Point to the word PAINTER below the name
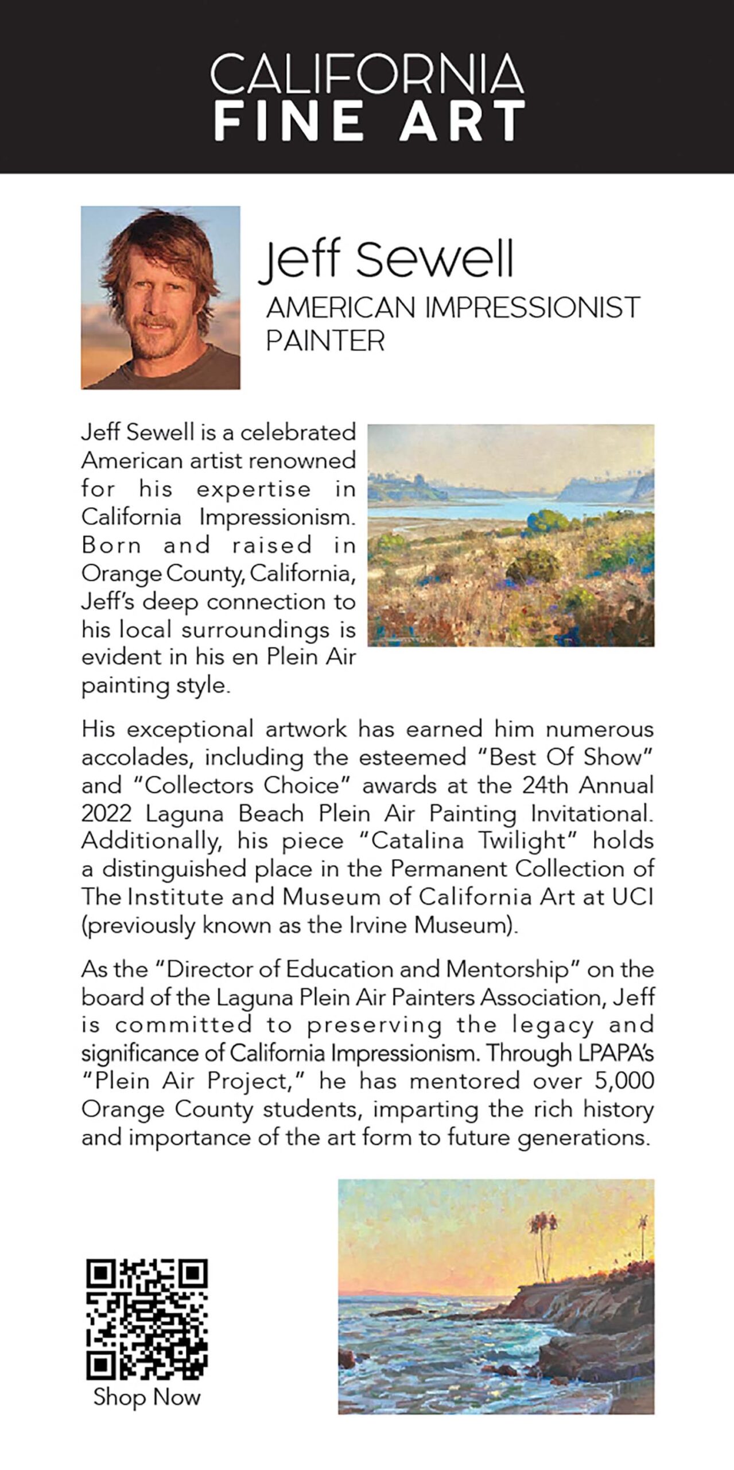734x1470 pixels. [x=325, y=341]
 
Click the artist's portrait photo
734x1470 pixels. [x=161, y=297]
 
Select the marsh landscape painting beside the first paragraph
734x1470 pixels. [x=511, y=535]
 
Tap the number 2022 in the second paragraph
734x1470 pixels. [x=106, y=814]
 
